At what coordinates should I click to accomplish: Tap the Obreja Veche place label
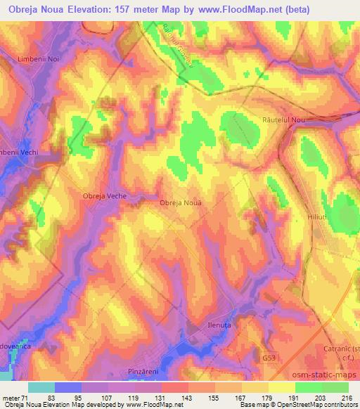(105, 196)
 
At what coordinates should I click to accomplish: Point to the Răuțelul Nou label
(283, 121)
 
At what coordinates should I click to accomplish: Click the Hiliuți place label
(318, 219)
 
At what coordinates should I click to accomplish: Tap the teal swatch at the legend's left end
(41, 387)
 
